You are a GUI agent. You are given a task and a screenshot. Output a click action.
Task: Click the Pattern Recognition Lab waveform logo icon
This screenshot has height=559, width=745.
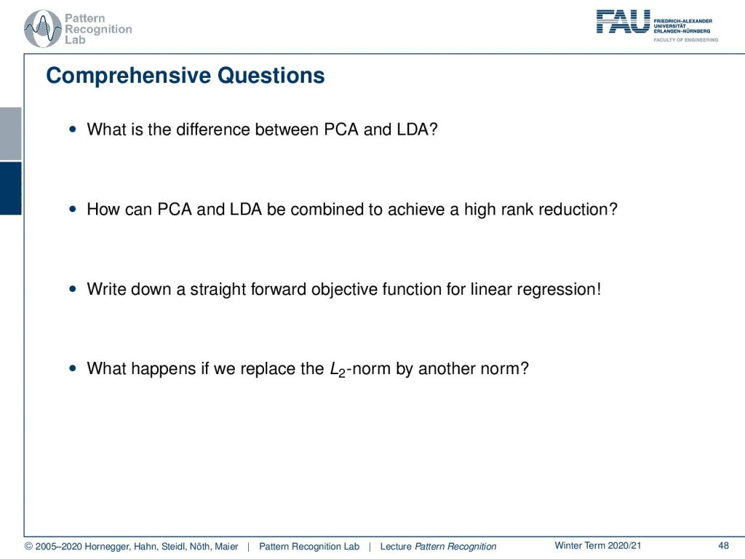(x=43, y=28)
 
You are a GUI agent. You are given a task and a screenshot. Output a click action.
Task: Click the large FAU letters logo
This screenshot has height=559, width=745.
(x=623, y=22)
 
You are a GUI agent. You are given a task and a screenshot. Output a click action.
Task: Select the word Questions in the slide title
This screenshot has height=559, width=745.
(x=271, y=76)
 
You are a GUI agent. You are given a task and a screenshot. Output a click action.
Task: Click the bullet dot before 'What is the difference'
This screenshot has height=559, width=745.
(x=72, y=129)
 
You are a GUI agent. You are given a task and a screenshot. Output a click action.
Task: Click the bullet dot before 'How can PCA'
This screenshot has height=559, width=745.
(x=72, y=209)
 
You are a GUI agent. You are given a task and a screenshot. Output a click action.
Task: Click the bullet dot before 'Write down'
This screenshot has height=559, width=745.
(x=72, y=288)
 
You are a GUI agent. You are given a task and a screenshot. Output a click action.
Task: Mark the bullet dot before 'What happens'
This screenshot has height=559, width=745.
(x=72, y=368)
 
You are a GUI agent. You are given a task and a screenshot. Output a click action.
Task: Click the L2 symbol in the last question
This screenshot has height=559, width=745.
(x=338, y=369)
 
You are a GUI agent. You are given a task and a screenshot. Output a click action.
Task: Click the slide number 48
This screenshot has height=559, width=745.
(x=723, y=546)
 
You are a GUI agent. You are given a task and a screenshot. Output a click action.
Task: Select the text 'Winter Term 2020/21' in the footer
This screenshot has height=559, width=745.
(x=598, y=546)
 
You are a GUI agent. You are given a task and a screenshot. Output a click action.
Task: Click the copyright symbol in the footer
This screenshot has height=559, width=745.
(x=28, y=546)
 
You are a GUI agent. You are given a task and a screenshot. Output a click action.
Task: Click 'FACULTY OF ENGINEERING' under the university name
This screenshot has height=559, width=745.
(x=685, y=40)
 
